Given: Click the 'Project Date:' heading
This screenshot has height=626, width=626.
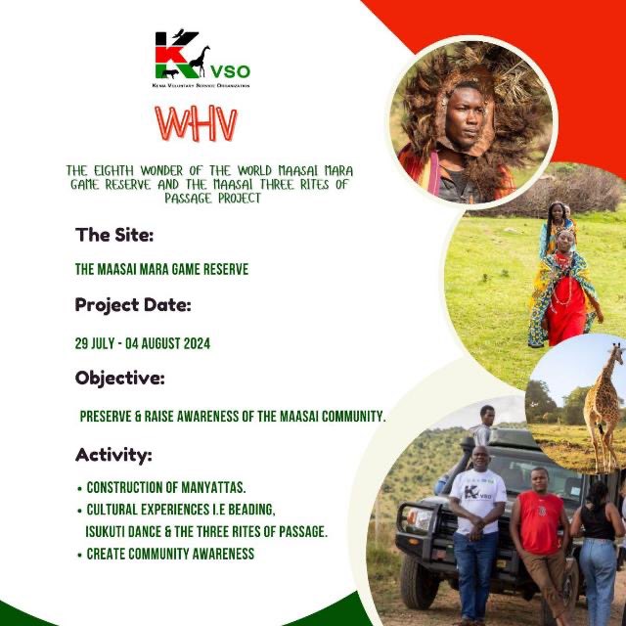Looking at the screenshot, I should coord(133,305).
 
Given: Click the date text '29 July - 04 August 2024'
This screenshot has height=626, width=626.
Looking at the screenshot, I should coord(143,343).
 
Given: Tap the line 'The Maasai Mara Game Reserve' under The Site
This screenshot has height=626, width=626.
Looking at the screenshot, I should coord(161,270).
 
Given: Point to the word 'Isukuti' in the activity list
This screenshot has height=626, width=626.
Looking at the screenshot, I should coord(111,531).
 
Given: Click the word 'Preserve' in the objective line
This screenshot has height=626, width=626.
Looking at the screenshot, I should coord(107,416).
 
